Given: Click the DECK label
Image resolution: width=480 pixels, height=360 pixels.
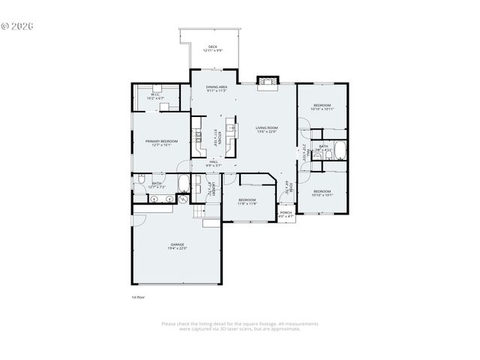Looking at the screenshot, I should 212,47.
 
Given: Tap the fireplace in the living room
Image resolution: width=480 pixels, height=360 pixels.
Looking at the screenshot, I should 266,82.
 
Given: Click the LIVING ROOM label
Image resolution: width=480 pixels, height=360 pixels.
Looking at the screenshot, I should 266,128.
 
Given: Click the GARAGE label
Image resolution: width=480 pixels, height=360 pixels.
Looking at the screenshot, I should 177,244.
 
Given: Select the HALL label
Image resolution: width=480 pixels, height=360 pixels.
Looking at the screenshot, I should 214,161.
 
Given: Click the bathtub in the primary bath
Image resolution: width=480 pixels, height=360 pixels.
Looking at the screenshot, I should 183,183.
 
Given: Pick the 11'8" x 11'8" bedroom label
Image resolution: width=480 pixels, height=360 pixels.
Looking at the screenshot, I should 247,200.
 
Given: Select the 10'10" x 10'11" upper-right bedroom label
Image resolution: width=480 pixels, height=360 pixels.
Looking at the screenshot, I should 322,106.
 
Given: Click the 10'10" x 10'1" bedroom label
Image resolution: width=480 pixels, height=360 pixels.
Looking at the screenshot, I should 322,192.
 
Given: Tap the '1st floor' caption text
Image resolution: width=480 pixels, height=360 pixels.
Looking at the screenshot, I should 138,297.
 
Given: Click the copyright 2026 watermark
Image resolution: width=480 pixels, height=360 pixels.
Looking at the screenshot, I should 17,25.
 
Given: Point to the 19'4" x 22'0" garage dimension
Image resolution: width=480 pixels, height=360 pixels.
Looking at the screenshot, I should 177,248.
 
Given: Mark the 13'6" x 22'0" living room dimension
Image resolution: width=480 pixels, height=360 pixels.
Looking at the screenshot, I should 266,133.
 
